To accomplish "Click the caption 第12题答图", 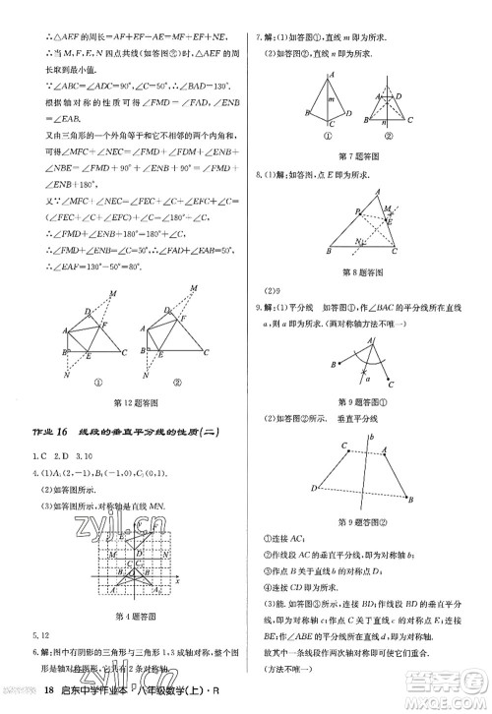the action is (x=144, y=401).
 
